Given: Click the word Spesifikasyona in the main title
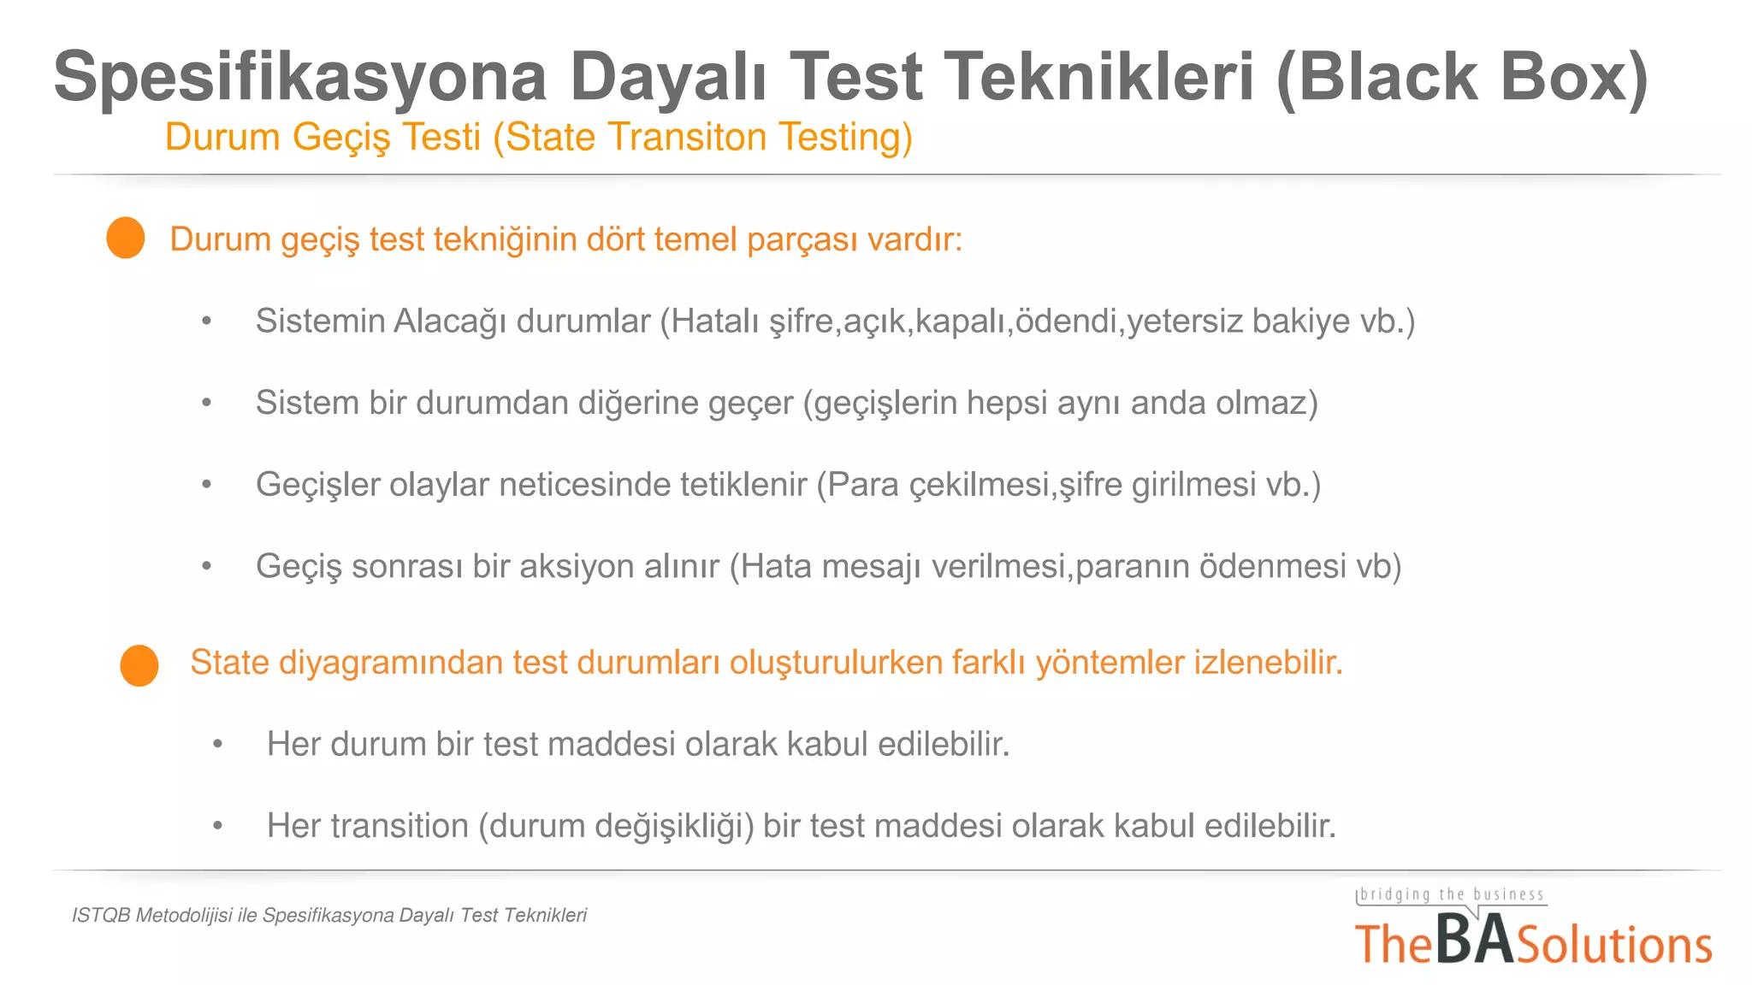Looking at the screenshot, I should (300, 78).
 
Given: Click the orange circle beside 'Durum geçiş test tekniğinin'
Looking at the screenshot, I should (126, 238).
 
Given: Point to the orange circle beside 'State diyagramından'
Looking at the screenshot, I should (139, 665).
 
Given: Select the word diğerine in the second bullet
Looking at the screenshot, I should (638, 403).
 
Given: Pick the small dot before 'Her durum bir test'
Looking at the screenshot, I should (218, 745).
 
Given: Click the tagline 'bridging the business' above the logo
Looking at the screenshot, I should (1452, 895).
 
